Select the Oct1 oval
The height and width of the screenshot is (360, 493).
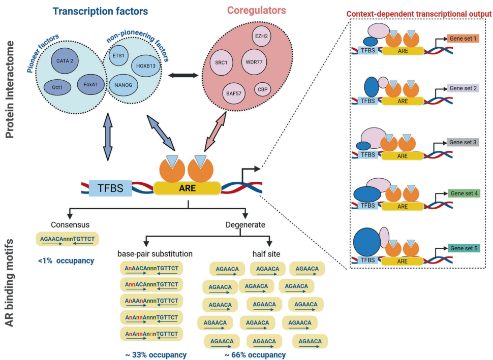(56, 87)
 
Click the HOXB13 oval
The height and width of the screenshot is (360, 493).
(146, 66)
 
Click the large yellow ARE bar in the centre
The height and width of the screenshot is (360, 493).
(187, 189)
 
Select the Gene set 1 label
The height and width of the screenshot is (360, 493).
(463, 39)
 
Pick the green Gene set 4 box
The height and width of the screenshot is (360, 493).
(463, 193)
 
